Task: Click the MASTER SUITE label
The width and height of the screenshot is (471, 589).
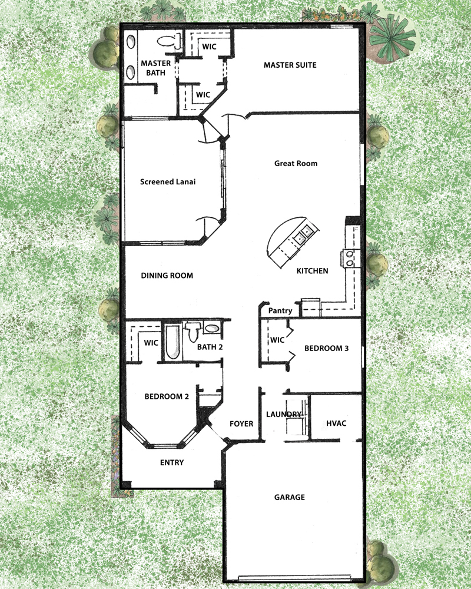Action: coord(290,65)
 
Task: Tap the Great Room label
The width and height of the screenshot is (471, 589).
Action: coord(296,163)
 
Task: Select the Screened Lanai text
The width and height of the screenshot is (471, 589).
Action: coord(168,182)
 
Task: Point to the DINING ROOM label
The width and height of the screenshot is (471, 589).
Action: coord(167,276)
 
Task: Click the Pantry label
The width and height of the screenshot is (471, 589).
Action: coord(280,311)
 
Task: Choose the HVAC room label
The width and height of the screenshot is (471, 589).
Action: coord(336,423)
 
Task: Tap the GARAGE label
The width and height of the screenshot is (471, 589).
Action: coord(290,497)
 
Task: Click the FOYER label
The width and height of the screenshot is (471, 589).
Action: coord(241,423)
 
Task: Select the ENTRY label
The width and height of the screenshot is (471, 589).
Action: coord(172,463)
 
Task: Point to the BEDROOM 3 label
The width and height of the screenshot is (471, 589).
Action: coord(326,349)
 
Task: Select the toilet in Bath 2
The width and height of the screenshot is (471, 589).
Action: coord(193,332)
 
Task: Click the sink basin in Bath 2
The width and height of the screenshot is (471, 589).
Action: coord(212,328)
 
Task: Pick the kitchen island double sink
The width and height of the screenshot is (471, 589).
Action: coord(303,235)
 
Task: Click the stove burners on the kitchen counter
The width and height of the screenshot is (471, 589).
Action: coord(350,259)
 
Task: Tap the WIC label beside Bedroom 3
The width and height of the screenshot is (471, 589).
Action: coord(277,340)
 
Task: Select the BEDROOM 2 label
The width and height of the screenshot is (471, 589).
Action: coord(167,396)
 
